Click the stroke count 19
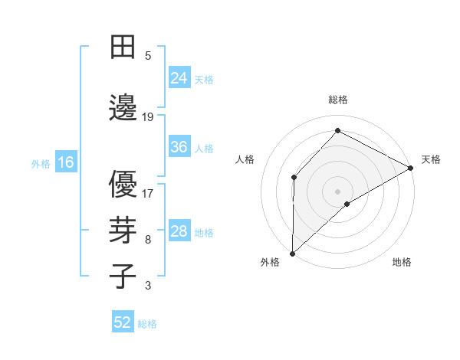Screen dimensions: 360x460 148,116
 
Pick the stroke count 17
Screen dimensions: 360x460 148,193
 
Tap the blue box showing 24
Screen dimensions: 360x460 179,77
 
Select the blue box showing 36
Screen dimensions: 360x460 179,147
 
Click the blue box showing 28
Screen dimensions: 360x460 179,231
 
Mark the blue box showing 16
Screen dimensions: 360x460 66,162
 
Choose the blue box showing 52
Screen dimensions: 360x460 123,322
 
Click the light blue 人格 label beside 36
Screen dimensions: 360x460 204,148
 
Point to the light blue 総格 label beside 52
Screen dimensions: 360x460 147,324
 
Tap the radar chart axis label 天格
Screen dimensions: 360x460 431,159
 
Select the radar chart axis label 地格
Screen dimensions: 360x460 402,262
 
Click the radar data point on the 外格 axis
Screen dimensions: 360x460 292,253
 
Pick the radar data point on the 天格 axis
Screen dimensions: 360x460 411,168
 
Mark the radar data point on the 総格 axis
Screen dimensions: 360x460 337,130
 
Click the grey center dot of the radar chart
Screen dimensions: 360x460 337,191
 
